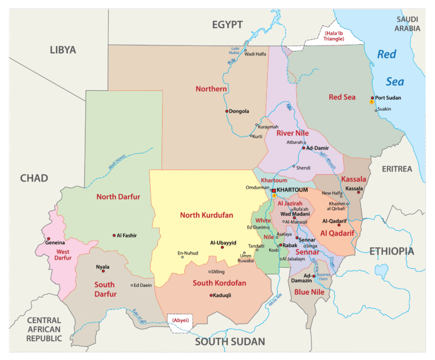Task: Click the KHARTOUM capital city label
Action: pos(293,189)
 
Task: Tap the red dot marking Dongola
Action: pos(227,111)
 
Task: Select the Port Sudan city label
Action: pos(388,98)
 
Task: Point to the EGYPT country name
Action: pos(227,24)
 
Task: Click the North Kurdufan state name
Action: pos(206,215)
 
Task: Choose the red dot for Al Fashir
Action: pos(114,235)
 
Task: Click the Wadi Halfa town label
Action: pos(255,54)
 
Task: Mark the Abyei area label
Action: pos(180,320)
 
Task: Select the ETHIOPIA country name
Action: pos(391,251)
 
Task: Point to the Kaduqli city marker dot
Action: pos(211,295)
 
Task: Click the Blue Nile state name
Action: pos(309,292)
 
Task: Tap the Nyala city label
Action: pos(103,267)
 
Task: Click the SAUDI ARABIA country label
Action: pos(408,23)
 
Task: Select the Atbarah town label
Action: pos(295,142)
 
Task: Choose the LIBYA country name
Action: pos(62,50)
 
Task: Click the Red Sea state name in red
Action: pos(342,97)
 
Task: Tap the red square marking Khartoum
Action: pos(273,191)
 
